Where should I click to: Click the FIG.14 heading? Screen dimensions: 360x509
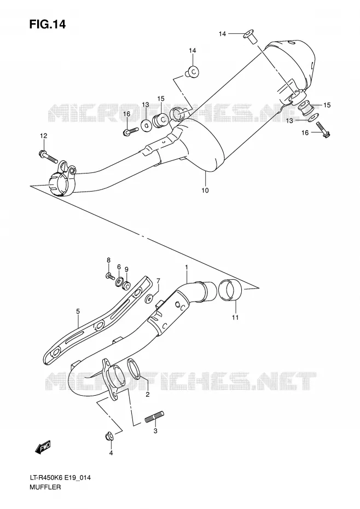[x=48, y=24]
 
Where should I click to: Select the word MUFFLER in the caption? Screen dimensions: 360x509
[x=44, y=487]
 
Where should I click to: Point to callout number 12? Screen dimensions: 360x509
[x=44, y=135]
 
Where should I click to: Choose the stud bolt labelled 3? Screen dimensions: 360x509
[x=154, y=417]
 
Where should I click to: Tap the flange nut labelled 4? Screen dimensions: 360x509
[x=110, y=437]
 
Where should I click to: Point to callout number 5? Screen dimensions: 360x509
[x=78, y=311]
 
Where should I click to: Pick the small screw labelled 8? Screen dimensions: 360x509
[x=110, y=276]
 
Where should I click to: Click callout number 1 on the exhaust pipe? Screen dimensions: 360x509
[x=187, y=267]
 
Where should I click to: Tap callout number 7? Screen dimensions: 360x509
[x=158, y=280]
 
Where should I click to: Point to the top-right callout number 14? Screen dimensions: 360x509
[x=222, y=34]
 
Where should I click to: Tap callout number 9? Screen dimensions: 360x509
[x=126, y=269]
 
